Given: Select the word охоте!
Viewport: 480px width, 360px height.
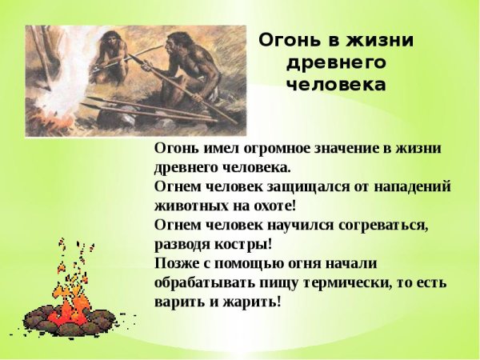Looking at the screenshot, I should pyautogui.click(x=271, y=206).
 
